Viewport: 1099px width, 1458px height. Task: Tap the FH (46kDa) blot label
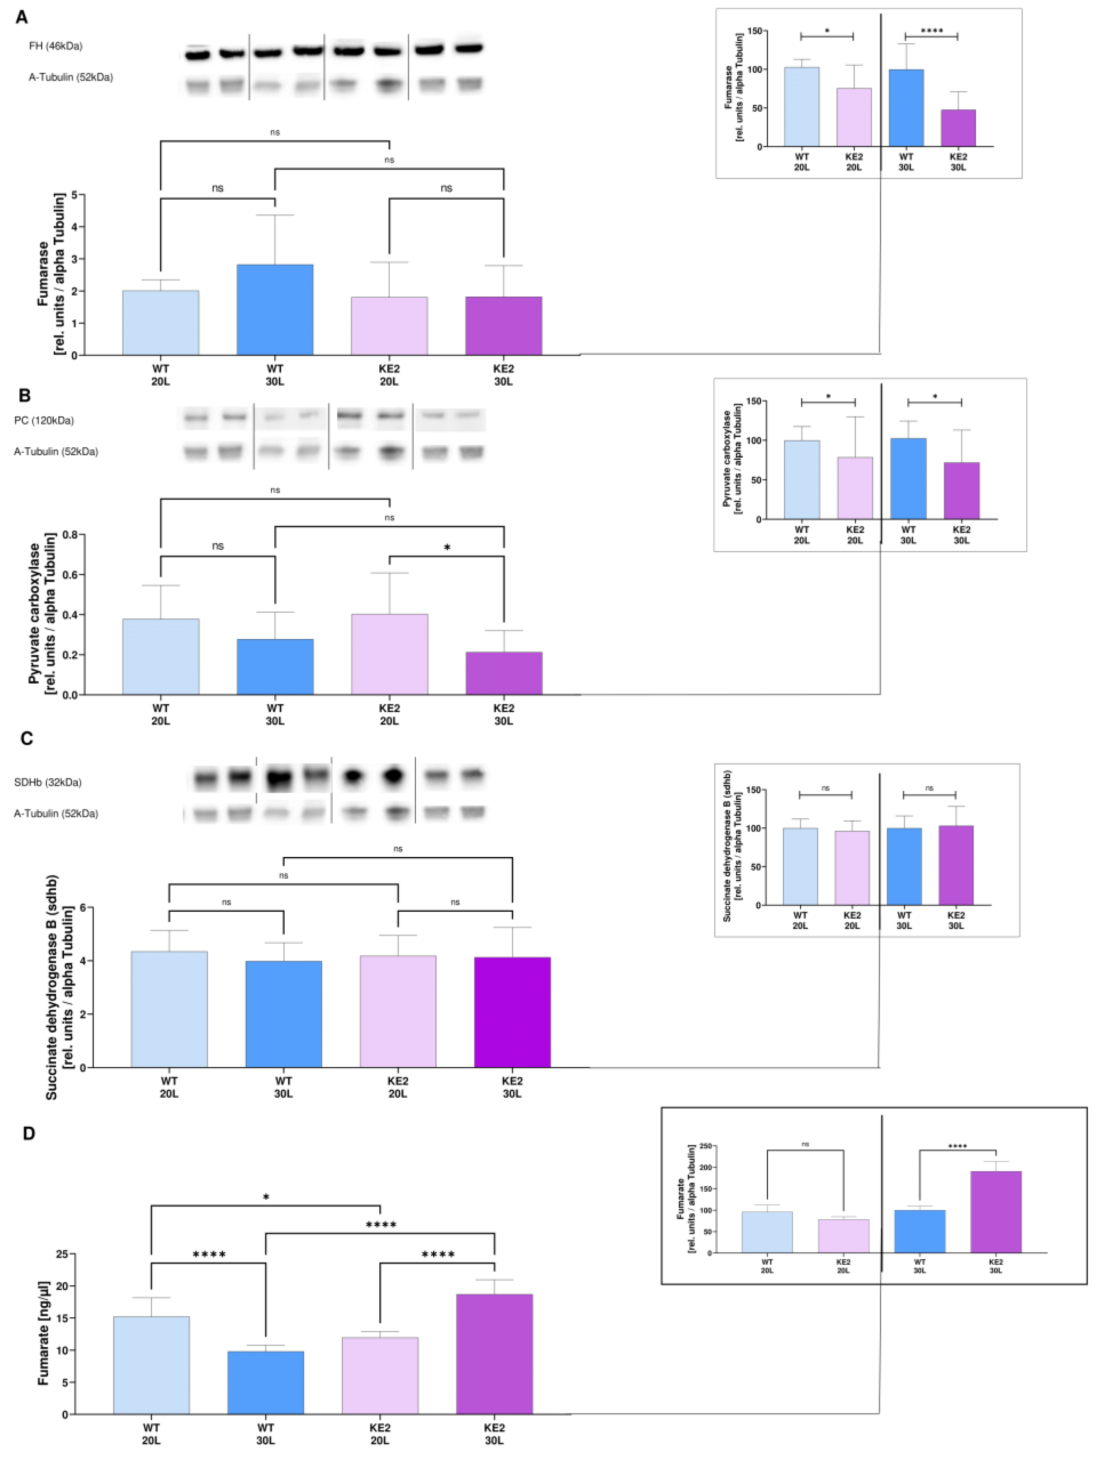click(x=56, y=46)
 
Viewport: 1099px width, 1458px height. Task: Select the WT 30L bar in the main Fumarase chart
click(x=275, y=310)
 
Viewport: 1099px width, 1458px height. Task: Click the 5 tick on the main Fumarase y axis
click(x=74, y=195)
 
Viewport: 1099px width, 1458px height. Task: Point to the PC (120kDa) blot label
click(x=44, y=421)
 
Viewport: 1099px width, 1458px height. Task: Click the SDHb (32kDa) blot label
click(x=48, y=782)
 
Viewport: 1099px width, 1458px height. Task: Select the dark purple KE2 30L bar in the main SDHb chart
click(x=512, y=1013)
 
